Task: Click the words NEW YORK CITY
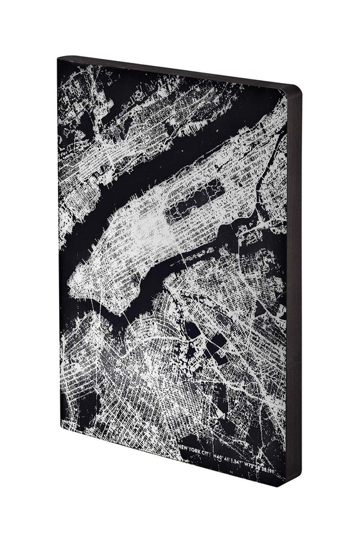196,448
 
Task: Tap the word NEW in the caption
185,446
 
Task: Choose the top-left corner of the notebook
58,59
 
